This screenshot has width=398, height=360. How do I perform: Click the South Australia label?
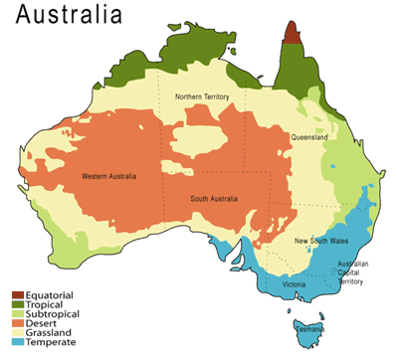click(x=212, y=199)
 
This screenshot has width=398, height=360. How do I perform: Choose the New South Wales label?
click(x=319, y=242)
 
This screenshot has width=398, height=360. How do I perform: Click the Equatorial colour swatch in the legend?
click(x=19, y=294)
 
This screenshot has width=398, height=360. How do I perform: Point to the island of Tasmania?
click(x=303, y=327)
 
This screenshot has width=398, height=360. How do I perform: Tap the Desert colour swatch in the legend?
click(x=19, y=324)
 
